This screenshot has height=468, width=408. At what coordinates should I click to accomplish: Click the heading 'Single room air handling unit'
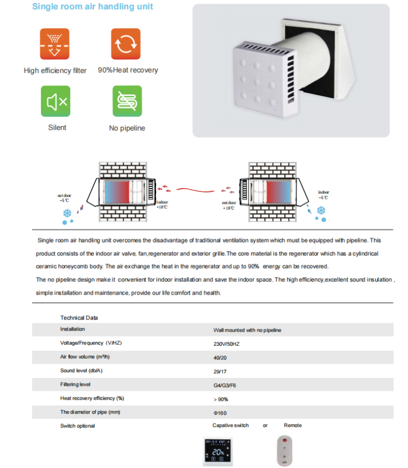click(x=92, y=7)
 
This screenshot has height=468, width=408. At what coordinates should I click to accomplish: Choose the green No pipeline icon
click(x=126, y=102)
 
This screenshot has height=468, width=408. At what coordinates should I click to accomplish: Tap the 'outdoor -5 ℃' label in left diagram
click(x=64, y=197)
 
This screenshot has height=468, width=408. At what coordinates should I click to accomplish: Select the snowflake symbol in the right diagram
click(x=321, y=210)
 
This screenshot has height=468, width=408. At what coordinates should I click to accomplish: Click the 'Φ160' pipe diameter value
click(x=220, y=413)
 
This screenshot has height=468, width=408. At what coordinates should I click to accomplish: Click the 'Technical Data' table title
click(x=79, y=317)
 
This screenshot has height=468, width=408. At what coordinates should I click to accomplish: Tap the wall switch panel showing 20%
click(x=219, y=451)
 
